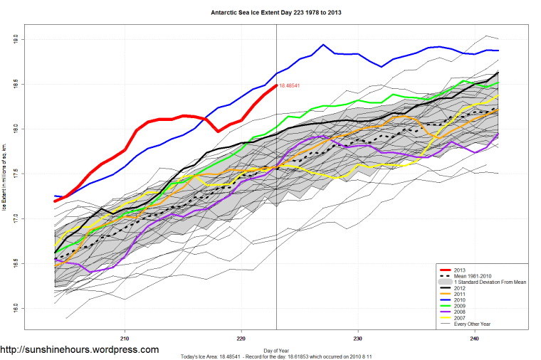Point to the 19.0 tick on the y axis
coord(15,39)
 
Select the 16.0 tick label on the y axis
coord(15,309)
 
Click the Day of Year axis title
coord(276,351)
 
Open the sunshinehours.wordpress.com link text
coord(80,350)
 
